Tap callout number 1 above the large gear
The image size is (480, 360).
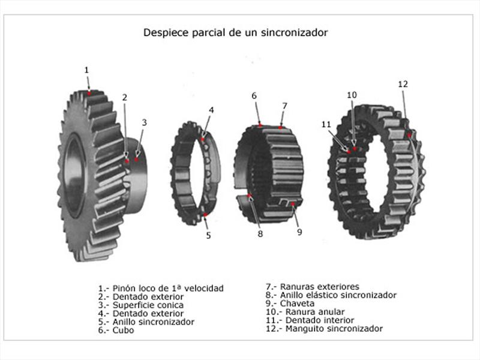click(86, 70)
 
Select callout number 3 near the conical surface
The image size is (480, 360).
click(144, 122)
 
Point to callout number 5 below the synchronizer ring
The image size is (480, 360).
click(208, 235)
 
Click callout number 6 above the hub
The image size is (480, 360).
click(254, 96)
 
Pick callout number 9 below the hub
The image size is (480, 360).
click(299, 232)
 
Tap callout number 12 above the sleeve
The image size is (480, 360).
click(403, 84)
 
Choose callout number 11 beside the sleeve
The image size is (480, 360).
click(326, 124)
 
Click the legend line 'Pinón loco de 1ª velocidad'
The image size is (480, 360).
click(160, 288)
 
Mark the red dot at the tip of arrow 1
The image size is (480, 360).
click(89, 93)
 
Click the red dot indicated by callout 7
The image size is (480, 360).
click(280, 128)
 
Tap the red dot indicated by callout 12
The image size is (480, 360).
click(410, 136)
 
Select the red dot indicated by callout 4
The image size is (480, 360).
click(203, 139)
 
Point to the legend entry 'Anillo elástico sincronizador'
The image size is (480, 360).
click(331, 295)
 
